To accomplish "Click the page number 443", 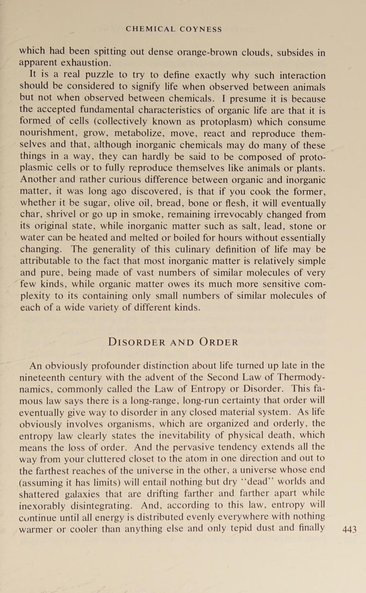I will [x=349, y=529].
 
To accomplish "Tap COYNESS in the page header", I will [x=201, y=29].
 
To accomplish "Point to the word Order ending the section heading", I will [x=219, y=342].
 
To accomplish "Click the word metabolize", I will [x=142, y=134].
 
